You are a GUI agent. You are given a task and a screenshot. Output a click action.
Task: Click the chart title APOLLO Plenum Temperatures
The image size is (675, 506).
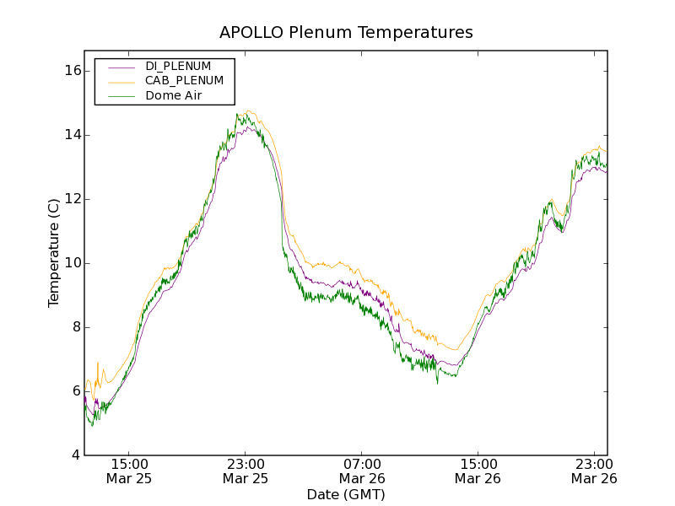(346, 33)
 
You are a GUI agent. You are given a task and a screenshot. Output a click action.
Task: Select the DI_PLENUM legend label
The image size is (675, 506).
(178, 66)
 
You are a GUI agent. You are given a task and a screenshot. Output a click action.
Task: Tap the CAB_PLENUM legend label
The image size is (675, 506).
(184, 81)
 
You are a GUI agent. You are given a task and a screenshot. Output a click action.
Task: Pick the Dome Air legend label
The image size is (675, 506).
(173, 96)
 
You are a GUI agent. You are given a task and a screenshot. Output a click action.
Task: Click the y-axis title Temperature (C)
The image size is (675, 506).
(54, 253)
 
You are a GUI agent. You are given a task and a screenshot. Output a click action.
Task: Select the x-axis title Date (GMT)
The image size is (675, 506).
(346, 494)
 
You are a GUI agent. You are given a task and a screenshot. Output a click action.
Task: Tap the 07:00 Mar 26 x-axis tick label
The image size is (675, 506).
(362, 471)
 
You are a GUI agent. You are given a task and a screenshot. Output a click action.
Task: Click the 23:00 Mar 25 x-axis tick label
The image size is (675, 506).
(246, 471)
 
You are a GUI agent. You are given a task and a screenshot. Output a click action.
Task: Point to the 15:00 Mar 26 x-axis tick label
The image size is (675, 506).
(478, 471)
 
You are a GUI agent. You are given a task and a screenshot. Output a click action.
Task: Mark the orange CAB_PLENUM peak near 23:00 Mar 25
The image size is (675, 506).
(249, 110)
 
